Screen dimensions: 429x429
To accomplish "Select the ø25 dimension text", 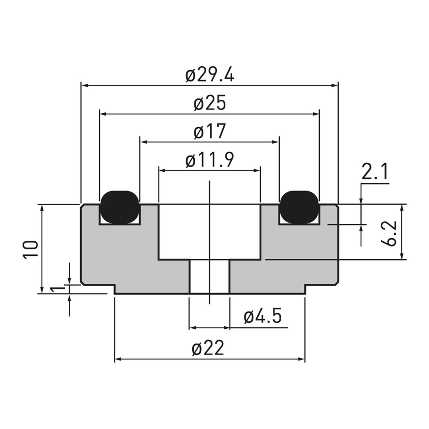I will pos(210,103).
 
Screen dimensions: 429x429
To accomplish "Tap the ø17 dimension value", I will pos(210,132).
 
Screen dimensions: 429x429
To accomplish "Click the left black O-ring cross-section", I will pos(120,207).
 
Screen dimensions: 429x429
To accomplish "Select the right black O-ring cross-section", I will pos(299,207).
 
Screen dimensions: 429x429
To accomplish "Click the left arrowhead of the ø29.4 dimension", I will pos(85,85).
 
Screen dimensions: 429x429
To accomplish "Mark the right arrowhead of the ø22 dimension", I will pos(301,359).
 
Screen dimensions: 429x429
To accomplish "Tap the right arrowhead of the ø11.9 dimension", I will pos(257,171).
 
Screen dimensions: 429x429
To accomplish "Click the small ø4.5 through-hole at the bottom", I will pos(210,276).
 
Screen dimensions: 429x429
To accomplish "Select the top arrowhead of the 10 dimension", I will pos(42,208).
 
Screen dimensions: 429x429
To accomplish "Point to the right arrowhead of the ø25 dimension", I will pos(316,114).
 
